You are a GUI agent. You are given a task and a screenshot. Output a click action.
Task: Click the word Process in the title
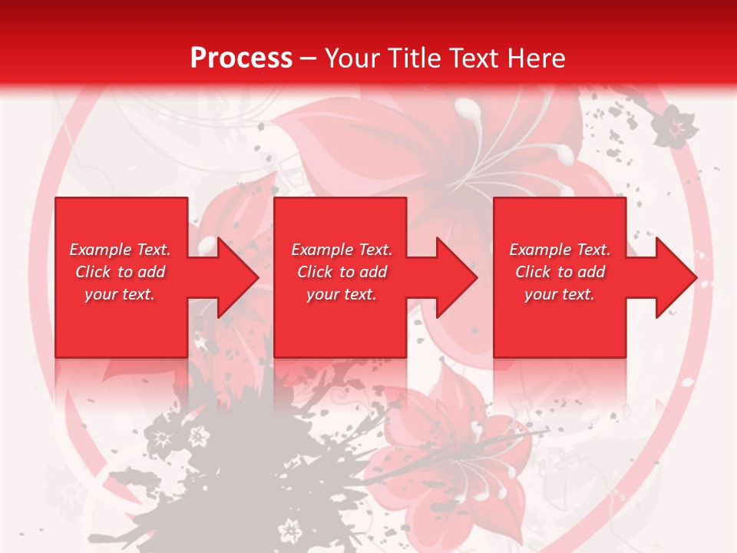pyautogui.click(x=241, y=58)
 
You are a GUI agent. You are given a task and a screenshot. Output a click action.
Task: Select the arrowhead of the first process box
pyautogui.click(x=234, y=277)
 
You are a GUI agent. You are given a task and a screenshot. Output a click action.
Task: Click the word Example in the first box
pyautogui.click(x=101, y=250)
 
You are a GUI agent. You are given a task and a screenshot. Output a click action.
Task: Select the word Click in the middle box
pyautogui.click(x=315, y=272)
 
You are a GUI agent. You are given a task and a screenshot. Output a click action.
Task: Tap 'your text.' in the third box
pyautogui.click(x=560, y=294)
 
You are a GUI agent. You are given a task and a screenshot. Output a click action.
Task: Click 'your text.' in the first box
pyautogui.click(x=120, y=294)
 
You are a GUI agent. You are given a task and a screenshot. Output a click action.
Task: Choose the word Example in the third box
pyautogui.click(x=540, y=250)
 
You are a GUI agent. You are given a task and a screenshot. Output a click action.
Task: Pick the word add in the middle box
pyautogui.click(x=372, y=272)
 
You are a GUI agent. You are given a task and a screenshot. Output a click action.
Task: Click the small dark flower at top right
pyautogui.click(x=674, y=126)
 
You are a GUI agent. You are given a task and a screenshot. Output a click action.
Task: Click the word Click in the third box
pyautogui.click(x=533, y=272)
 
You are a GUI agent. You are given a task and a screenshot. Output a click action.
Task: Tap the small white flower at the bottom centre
pyautogui.click(x=291, y=529)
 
